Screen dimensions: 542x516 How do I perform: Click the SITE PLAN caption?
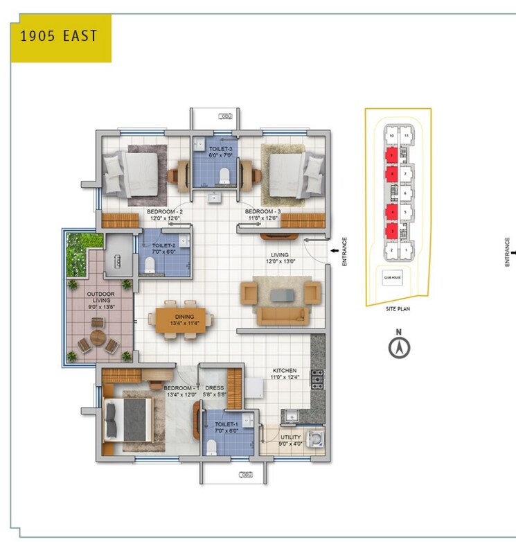pos(398,309)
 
